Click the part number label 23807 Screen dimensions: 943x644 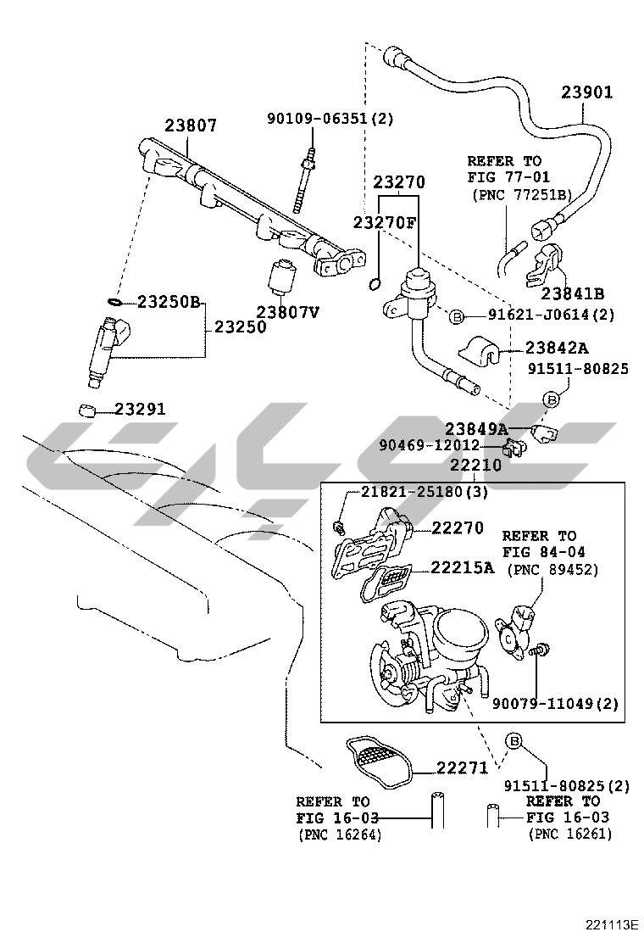(191, 126)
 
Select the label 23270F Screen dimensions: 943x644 (386, 222)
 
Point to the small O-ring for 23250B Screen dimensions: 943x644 (114, 301)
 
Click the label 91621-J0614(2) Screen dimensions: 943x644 (551, 315)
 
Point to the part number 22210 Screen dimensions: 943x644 (475, 466)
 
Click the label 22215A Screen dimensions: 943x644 (462, 567)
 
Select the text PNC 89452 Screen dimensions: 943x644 (552, 570)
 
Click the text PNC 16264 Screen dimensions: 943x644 (339, 835)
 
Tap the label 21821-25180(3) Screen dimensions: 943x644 (414, 493)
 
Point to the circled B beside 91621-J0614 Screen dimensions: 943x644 (456, 316)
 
